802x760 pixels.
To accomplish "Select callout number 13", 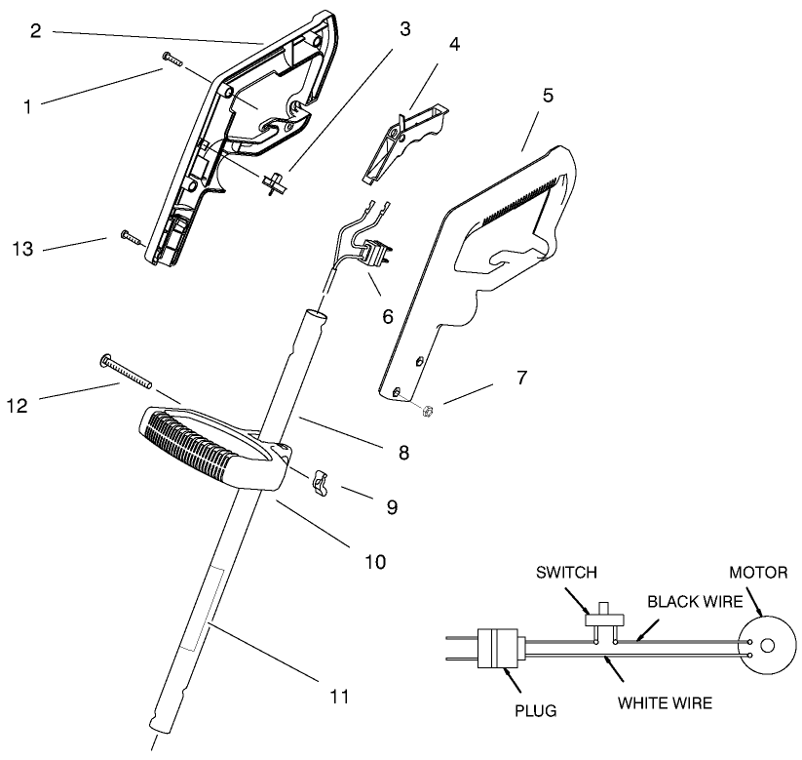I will [22, 249].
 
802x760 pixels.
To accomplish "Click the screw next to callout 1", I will [172, 60].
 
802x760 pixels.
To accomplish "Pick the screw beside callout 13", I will [130, 235].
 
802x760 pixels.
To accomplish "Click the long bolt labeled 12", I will [127, 372].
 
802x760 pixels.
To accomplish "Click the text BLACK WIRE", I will [690, 601].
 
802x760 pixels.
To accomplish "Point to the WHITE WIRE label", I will [667, 702].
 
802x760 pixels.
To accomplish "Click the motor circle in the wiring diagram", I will [766, 645].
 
